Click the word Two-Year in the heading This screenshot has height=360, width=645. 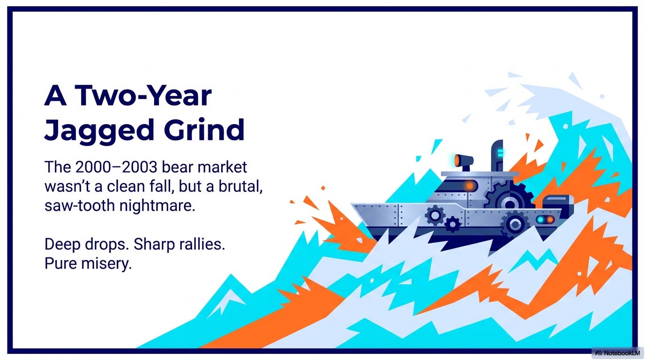143,97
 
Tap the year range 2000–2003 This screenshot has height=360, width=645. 121,167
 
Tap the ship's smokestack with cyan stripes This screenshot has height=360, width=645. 497,155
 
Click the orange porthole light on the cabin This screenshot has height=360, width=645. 470,186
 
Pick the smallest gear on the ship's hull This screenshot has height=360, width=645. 452,225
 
